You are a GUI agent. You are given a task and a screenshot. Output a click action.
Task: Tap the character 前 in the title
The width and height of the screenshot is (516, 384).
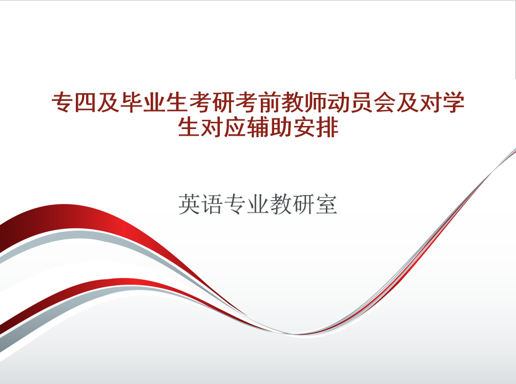tap(270, 102)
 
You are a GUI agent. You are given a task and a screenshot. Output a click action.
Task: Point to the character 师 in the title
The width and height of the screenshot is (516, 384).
tap(316, 102)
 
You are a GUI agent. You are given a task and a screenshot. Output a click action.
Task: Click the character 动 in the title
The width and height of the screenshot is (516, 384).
tap(339, 102)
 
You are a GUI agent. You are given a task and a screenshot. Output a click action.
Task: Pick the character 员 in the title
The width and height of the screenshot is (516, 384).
tap(362, 102)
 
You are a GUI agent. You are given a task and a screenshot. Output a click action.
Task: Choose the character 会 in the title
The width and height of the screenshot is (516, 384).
tap(385, 102)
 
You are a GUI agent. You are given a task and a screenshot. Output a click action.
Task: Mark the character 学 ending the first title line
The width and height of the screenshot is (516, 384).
tap(453, 102)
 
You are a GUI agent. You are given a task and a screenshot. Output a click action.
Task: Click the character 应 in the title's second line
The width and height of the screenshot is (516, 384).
tap(235, 127)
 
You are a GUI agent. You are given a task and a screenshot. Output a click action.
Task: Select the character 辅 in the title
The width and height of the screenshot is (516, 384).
tap(258, 127)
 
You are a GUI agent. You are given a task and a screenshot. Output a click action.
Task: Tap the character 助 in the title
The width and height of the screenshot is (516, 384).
tap(281, 127)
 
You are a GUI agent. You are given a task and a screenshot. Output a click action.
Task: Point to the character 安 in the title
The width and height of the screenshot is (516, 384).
tap(304, 127)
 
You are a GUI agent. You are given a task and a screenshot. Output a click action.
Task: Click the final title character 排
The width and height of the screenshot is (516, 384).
tap(327, 127)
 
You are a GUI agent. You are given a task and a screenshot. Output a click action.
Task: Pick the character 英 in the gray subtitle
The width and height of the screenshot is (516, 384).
tap(189, 204)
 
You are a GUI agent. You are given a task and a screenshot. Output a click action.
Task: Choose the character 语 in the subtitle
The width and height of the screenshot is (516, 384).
tap(212, 204)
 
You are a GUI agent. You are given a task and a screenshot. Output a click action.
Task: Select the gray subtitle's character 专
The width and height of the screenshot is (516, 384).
tap(235, 204)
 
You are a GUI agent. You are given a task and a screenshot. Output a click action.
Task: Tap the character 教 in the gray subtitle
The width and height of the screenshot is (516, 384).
tap(281, 204)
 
